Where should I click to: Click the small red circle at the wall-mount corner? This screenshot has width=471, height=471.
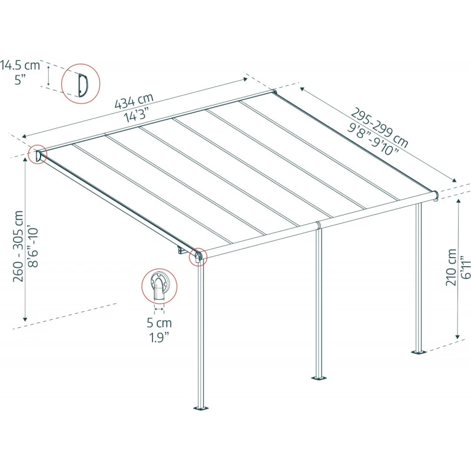pos(38,155)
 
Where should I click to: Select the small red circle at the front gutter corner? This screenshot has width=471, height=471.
pos(198,257)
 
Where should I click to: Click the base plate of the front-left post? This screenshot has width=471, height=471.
pos(201,407)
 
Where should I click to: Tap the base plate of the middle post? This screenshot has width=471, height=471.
pos(319,377)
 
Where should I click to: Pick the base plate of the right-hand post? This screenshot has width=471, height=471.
pos(419,352)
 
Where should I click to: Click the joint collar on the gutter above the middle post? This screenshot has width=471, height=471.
pos(319,225)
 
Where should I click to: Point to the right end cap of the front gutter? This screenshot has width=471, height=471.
pos(434,195)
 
